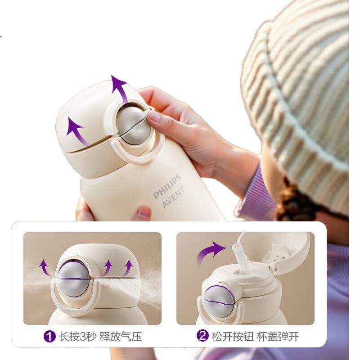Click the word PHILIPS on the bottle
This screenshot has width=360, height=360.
pyautogui.click(x=166, y=187)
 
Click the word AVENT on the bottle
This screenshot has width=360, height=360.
pyautogui.click(x=173, y=197)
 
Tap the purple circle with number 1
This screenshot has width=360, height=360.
pyautogui.click(x=49, y=337)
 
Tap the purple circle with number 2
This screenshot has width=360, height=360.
pyautogui.click(x=202, y=336)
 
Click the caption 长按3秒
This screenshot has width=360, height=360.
pyautogui.click(x=77, y=337)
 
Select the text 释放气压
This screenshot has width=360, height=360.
pyautogui.click(x=121, y=337)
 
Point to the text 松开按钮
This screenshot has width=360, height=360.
pyautogui.click(x=233, y=336)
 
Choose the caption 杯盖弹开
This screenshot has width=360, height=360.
pyautogui.click(x=278, y=336)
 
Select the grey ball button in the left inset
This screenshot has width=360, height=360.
pyautogui.click(x=73, y=279)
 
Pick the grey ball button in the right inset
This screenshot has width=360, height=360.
pyautogui.click(x=218, y=301)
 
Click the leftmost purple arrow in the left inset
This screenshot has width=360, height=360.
pyautogui.click(x=45, y=267)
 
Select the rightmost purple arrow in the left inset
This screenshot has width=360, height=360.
pyautogui.click(x=128, y=267)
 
